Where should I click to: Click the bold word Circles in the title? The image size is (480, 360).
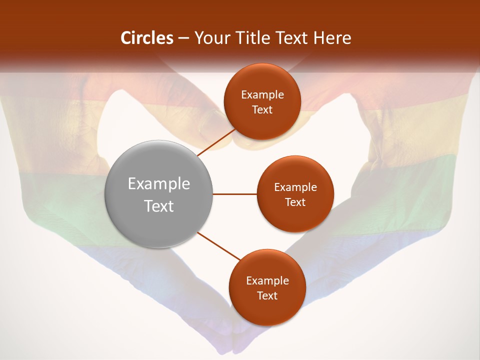click(146, 38)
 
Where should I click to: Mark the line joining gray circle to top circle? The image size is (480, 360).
click(216, 142)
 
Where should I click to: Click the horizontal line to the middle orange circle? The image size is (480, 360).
click(234, 194)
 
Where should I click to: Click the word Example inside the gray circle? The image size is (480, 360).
click(158, 184)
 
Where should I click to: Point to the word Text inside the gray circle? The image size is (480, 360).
click(158, 206)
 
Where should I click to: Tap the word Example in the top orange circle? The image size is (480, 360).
click(262, 95)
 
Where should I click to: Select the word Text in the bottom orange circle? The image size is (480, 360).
click(267, 295)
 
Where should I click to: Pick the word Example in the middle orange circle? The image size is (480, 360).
click(295, 187)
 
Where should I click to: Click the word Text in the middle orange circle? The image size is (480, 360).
click(295, 202)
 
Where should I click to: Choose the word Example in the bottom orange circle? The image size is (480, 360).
click(267, 281)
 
